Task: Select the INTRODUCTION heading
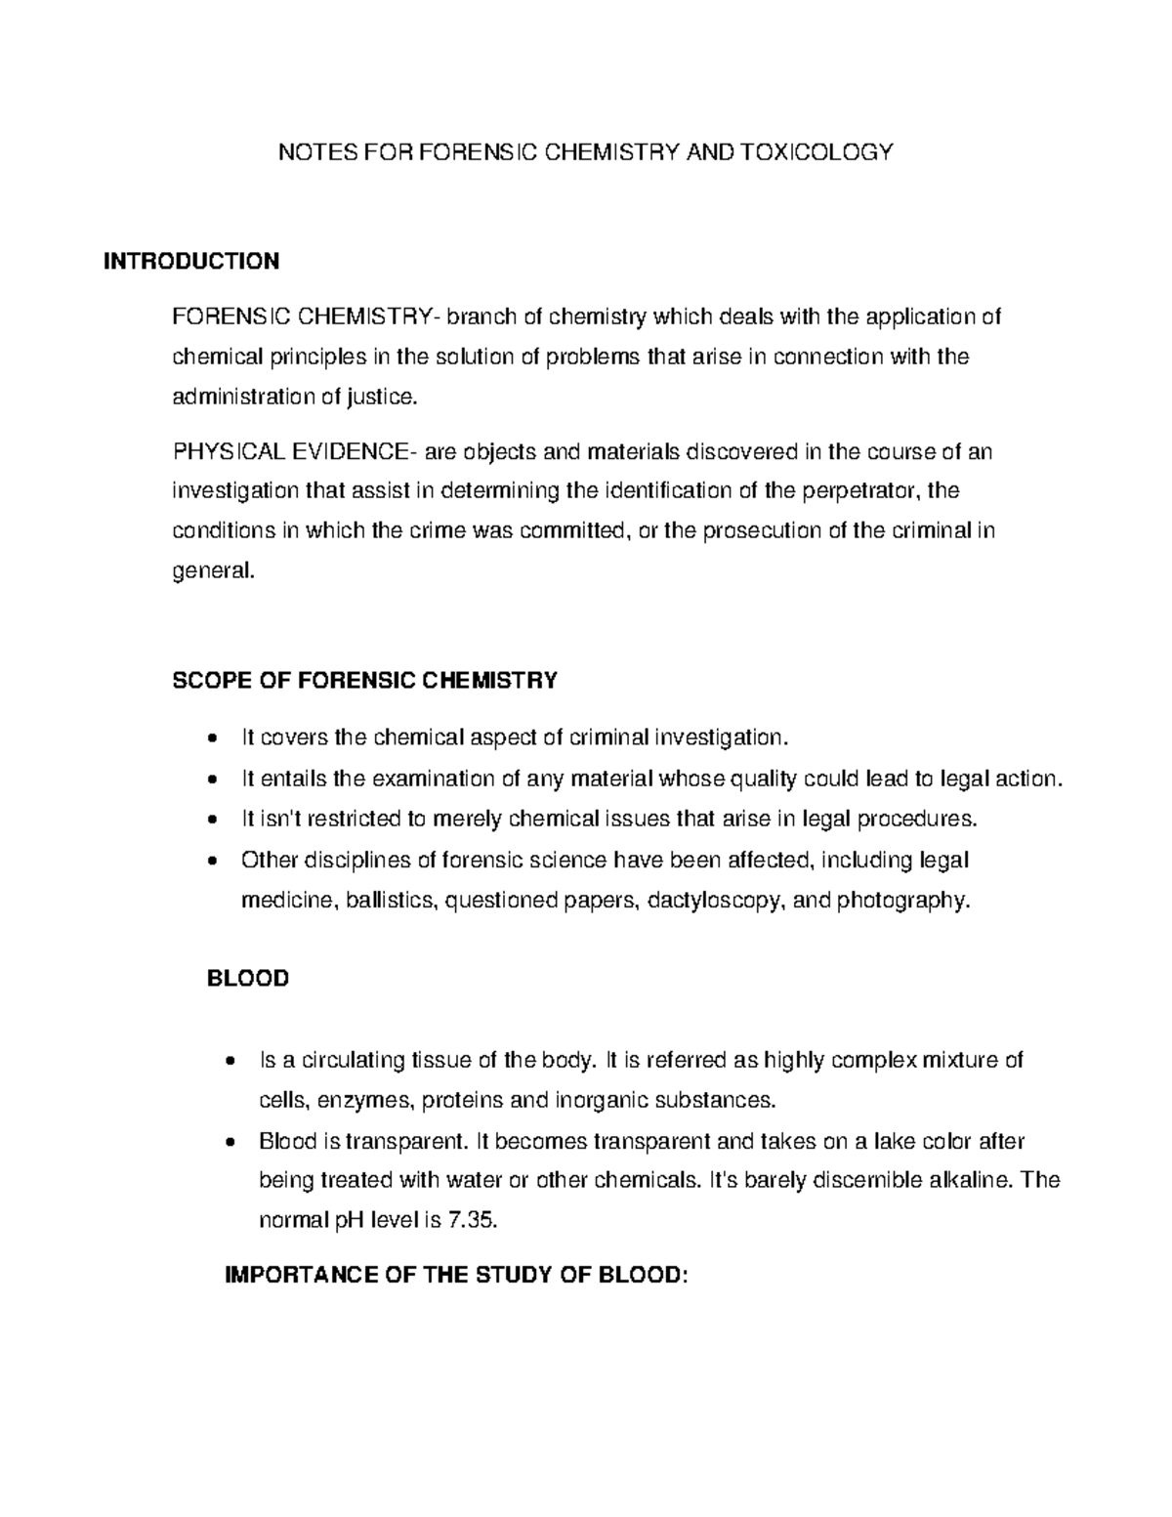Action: pyautogui.click(x=192, y=261)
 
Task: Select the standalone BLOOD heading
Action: pyautogui.click(x=248, y=979)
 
